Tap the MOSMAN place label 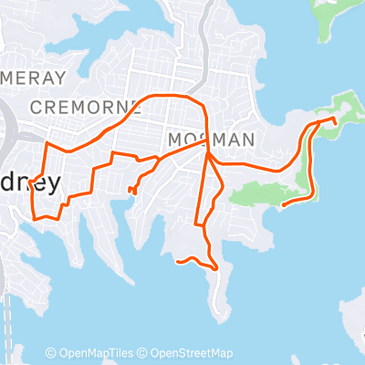[x=210, y=140]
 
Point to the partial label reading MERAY [x=35, y=78]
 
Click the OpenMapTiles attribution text [x=99, y=354]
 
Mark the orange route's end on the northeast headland [x=335, y=120]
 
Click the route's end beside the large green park [x=284, y=204]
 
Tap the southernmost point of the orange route [x=215, y=269]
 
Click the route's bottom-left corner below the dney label [x=35, y=218]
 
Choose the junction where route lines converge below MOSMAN [x=209, y=156]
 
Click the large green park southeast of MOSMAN [x=265, y=190]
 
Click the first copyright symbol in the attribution [x=50, y=354]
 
